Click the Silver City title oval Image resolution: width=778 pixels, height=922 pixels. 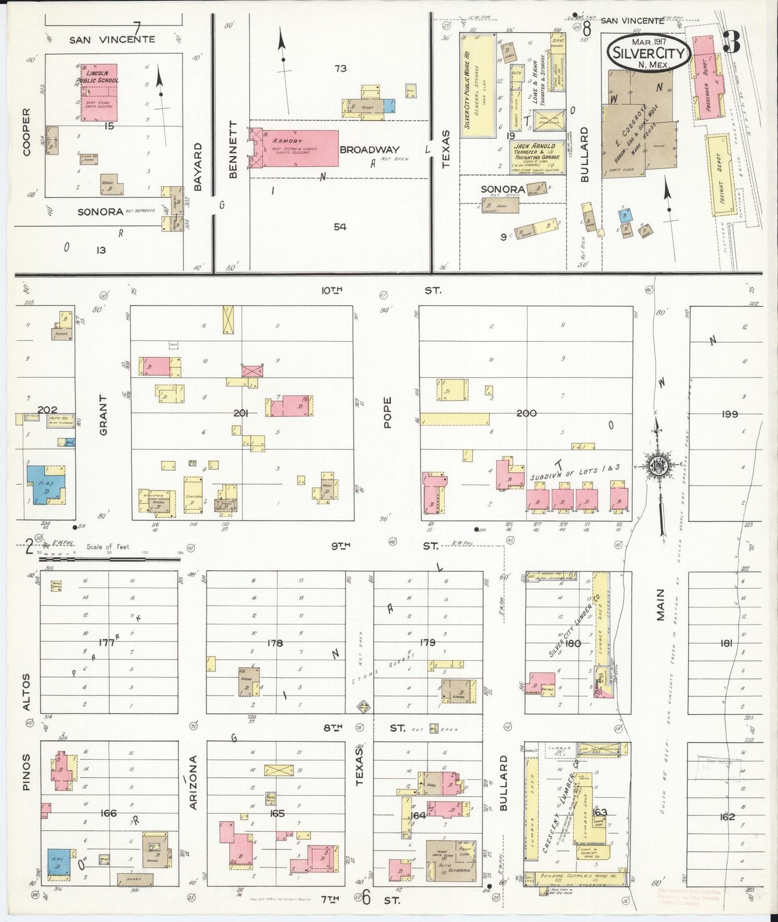tap(648, 52)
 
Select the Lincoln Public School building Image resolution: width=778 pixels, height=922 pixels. tap(97, 93)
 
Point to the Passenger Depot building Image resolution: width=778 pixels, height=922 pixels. tap(707, 76)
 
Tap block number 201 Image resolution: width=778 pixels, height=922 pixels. tap(241, 413)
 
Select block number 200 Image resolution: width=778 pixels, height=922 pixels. tap(526, 413)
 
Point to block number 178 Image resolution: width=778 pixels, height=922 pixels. tap(275, 643)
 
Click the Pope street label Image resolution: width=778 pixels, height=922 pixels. tap(387, 413)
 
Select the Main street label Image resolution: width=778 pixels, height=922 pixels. tap(661, 605)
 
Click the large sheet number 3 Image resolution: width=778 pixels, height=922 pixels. tap(731, 42)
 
